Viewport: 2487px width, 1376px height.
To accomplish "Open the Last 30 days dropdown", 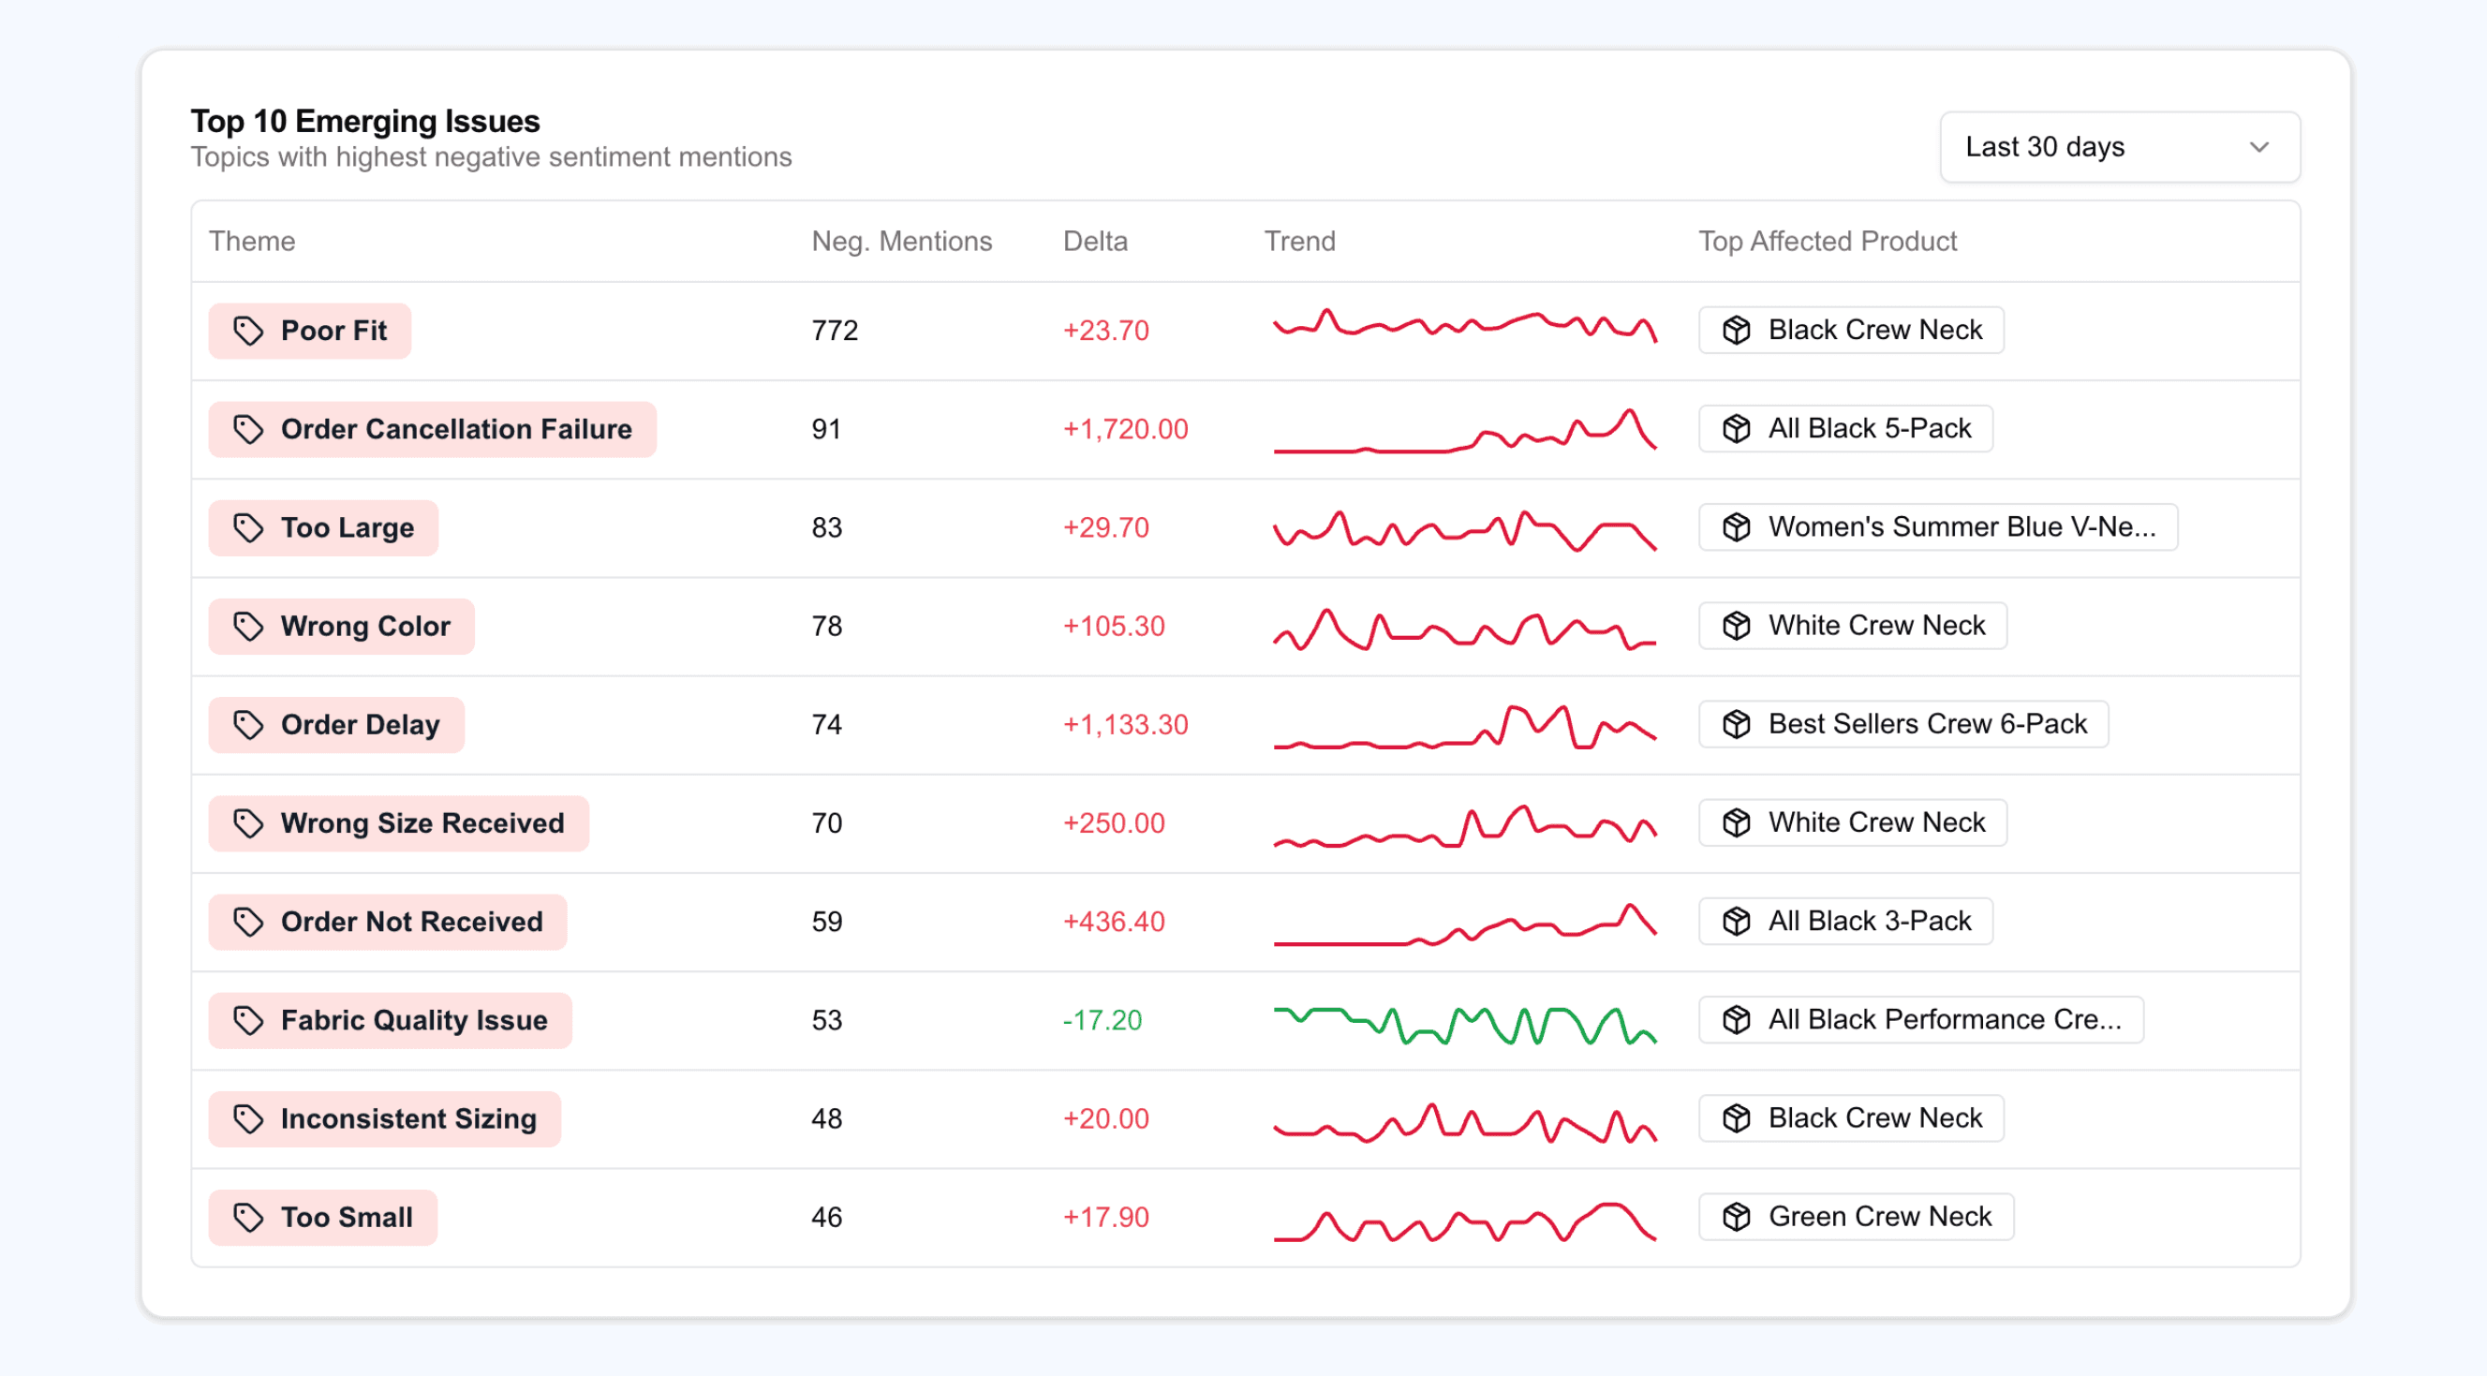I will [x=2119, y=147].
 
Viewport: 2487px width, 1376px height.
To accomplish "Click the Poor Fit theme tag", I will [x=310, y=332].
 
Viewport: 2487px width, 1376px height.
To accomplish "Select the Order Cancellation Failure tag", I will [x=433, y=430].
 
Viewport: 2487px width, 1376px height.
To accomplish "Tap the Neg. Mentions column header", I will [x=901, y=242].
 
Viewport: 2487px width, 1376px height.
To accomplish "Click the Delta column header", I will [x=1095, y=242].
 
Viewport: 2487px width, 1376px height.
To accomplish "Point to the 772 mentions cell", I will [x=834, y=332].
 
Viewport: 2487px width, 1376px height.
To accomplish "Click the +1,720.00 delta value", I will [x=1125, y=430].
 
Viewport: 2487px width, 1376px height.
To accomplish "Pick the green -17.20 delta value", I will [x=1102, y=1021].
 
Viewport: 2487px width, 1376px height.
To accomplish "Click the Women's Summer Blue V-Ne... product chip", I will [x=1937, y=527].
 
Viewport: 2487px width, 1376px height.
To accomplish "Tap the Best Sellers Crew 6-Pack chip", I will [x=1902, y=724].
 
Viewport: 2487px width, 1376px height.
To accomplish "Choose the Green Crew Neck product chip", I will [x=1856, y=1217].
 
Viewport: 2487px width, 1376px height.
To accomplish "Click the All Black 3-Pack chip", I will [x=1845, y=921].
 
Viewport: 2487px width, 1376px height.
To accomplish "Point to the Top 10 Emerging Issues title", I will [x=365, y=122].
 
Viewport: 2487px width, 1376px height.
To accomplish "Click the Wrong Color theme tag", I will [x=342, y=627].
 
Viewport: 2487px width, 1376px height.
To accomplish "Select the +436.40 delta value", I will [x=1113, y=922].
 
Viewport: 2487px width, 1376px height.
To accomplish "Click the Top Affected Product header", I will [x=1827, y=242].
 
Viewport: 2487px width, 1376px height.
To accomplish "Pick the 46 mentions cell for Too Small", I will [x=826, y=1218].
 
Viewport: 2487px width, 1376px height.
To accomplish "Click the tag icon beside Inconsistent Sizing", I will [x=248, y=1119].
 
